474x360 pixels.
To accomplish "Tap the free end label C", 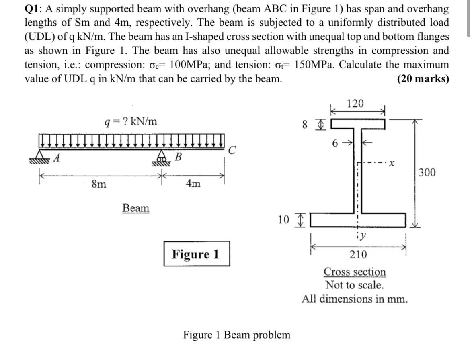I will click(232, 151).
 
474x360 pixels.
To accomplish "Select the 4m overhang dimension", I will click(193, 184).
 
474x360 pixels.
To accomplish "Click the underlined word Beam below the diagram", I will click(135, 208).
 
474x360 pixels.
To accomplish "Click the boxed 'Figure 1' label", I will click(196, 254).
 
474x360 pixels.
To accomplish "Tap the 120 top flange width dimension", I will click(355, 104).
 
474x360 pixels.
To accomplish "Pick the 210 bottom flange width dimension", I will click(357, 254).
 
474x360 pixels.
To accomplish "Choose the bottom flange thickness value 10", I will click(283, 220).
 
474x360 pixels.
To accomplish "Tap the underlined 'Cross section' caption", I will click(355, 272).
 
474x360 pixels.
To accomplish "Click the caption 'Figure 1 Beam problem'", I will click(236, 335).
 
